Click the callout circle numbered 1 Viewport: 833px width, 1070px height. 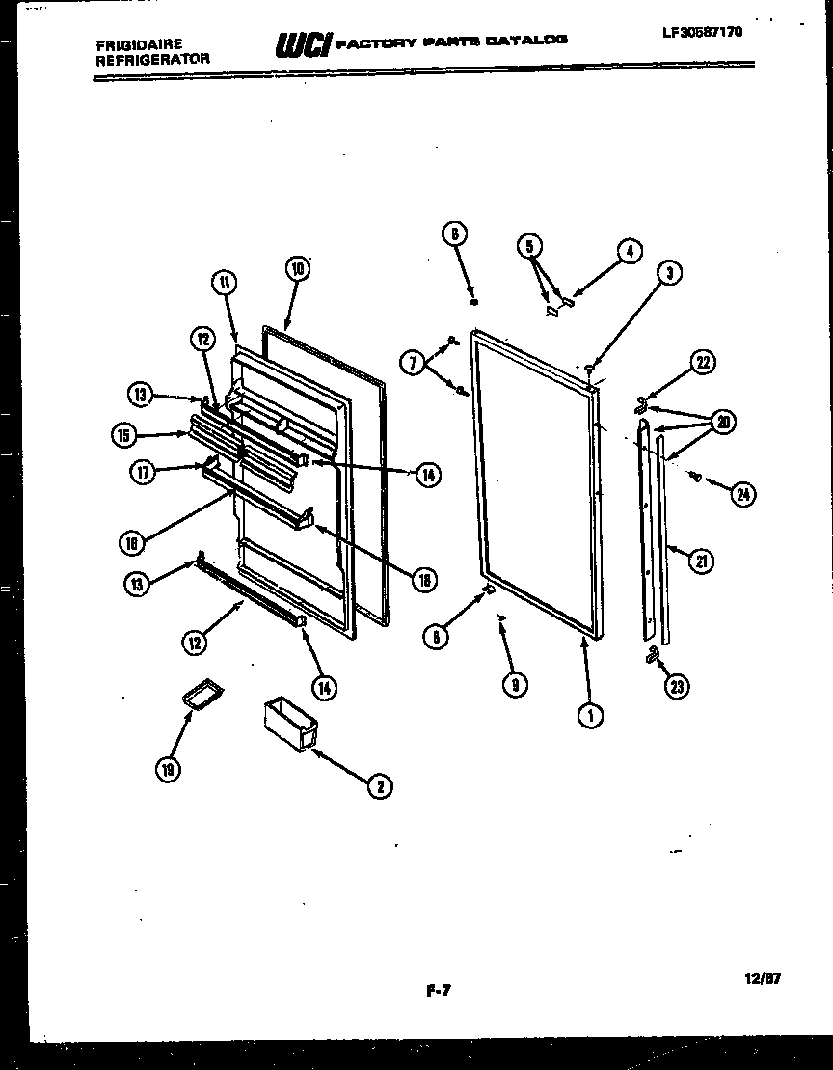point(590,715)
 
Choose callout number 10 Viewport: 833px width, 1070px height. point(296,269)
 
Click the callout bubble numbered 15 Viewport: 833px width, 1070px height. point(122,435)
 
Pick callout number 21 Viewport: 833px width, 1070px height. point(703,561)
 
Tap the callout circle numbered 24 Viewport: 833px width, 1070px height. point(742,495)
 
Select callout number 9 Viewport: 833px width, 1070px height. point(515,684)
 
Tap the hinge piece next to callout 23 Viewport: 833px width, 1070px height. point(653,655)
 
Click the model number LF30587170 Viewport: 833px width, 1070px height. point(703,31)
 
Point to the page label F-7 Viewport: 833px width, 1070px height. point(438,988)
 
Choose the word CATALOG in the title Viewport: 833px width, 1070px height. point(526,41)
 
